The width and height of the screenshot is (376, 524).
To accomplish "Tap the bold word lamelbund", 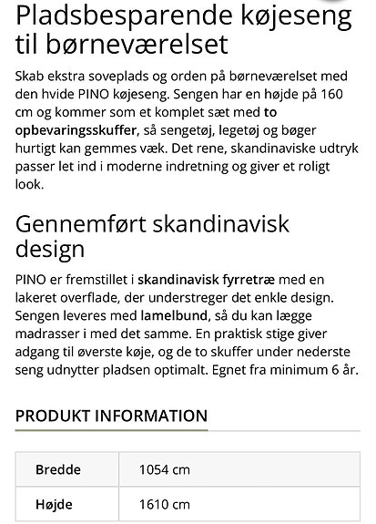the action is (158, 317).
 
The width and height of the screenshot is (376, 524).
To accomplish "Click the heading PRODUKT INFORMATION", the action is (111, 416).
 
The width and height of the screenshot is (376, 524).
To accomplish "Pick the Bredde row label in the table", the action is (58, 470).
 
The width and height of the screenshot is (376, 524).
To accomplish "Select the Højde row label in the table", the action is (54, 504).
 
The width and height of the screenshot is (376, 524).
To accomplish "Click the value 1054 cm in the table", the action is (164, 470).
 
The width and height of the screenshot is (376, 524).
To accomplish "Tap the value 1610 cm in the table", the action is (164, 504).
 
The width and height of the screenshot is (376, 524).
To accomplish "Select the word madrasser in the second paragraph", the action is (47, 334).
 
